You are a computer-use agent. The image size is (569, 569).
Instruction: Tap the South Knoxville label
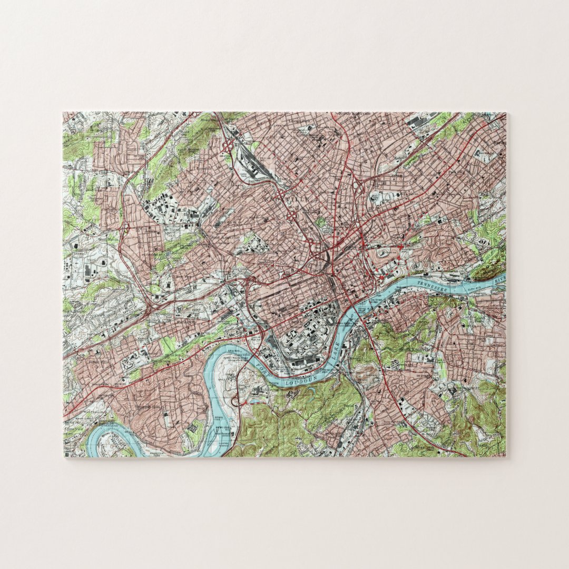click(x=416, y=349)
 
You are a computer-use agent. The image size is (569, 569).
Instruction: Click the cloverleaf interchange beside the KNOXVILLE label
click(x=290, y=214)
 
